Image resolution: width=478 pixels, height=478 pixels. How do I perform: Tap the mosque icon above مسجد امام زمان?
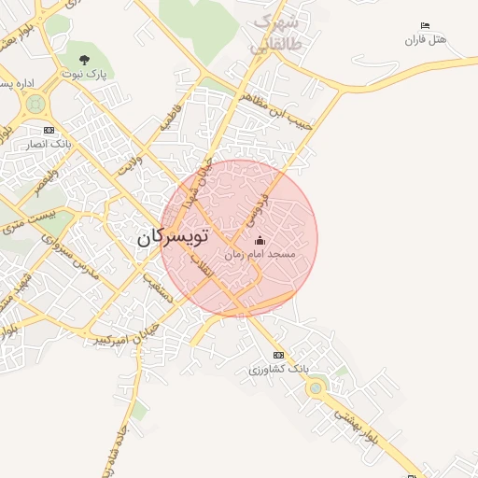click(260, 241)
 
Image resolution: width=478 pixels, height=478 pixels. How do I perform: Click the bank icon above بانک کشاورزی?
click(278, 356)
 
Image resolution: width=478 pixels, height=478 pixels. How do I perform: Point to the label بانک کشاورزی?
click(278, 370)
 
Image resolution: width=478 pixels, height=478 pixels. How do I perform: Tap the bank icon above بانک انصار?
click(49, 130)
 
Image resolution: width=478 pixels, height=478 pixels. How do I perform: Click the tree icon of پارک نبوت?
click(85, 60)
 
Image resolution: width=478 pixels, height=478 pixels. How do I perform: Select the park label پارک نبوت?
click(85, 73)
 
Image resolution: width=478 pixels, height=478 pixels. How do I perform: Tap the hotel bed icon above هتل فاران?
click(426, 25)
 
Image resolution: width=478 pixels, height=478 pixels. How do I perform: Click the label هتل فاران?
click(426, 39)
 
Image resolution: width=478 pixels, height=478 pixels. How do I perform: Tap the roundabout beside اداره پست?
click(35, 104)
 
